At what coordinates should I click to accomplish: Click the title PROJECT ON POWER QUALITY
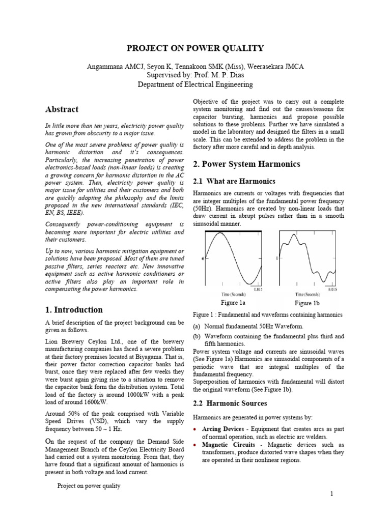[x=195, y=48]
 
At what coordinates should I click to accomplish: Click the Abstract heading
[x=61, y=109]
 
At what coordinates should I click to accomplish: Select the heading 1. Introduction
[x=71, y=309]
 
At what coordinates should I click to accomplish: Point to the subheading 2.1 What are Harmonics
[x=234, y=181]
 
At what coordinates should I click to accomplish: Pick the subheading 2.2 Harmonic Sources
[x=230, y=403]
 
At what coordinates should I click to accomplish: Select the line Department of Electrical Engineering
[x=195, y=84]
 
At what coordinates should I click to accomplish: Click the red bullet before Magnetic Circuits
[x=195, y=445]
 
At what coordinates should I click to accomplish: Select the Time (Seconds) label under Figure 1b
[x=308, y=294]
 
